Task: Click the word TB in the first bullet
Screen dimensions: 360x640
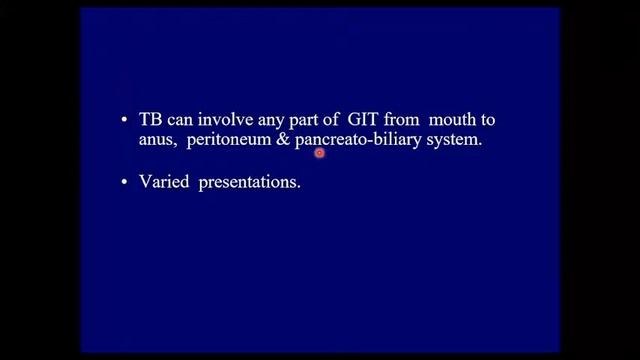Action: [151, 119]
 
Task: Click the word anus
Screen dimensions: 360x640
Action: [157, 141]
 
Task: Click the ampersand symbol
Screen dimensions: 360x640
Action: [283, 141]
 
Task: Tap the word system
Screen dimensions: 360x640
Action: [453, 141]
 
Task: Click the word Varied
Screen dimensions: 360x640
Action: [164, 183]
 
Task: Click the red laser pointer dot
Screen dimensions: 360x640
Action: [320, 153]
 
